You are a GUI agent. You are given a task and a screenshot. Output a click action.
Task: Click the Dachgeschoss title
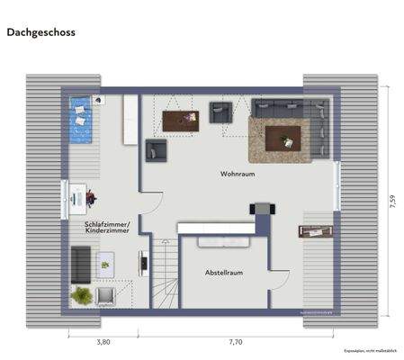[x=40, y=31]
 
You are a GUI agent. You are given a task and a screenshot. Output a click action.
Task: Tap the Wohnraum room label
[x=238, y=172]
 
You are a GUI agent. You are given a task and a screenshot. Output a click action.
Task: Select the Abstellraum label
[x=223, y=272]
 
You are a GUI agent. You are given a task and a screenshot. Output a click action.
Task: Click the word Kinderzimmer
[x=107, y=231]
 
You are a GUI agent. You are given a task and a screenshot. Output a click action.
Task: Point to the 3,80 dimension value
[x=103, y=342]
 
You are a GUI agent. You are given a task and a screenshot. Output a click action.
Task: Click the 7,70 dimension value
[x=236, y=342]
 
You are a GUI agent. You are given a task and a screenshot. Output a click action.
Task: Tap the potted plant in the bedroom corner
[x=82, y=294]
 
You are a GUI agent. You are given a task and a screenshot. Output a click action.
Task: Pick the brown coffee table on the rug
[x=288, y=138]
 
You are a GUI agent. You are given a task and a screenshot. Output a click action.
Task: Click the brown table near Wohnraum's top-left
[x=181, y=121]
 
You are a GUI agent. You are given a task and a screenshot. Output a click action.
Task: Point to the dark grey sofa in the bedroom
[x=78, y=263]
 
